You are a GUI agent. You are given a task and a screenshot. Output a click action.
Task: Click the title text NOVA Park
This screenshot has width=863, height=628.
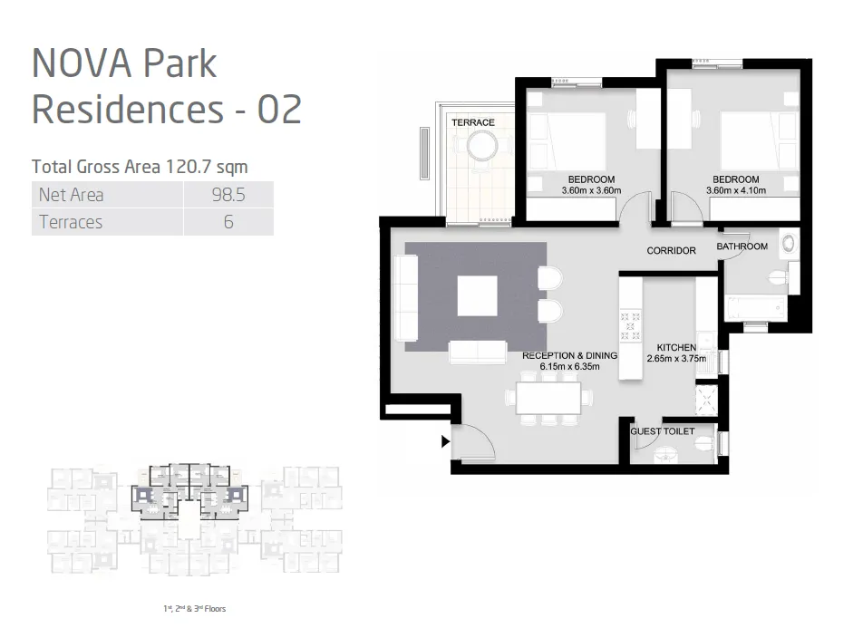pyautogui.click(x=124, y=64)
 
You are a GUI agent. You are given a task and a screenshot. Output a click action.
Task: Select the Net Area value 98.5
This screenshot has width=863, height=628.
pyautogui.click(x=228, y=195)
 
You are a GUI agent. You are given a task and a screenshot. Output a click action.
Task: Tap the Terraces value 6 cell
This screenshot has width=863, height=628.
pyautogui.click(x=228, y=222)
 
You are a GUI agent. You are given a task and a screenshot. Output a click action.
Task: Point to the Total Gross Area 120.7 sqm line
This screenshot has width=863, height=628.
pyautogui.click(x=140, y=167)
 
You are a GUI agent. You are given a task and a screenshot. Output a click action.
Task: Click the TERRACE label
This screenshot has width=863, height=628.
pyautogui.click(x=473, y=122)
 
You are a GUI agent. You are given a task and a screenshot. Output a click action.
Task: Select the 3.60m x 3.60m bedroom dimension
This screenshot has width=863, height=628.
pyautogui.click(x=591, y=191)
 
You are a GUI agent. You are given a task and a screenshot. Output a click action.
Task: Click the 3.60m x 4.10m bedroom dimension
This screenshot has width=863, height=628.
pyautogui.click(x=736, y=191)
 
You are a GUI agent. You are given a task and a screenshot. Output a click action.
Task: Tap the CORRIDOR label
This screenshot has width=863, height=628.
pyautogui.click(x=671, y=250)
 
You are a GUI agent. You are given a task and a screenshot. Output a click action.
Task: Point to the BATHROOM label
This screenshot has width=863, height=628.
pyautogui.click(x=742, y=246)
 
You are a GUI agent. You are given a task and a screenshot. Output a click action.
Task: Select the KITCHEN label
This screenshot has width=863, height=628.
pyautogui.click(x=676, y=347)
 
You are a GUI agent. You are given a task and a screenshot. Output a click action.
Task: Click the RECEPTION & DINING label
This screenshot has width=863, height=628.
pyautogui.click(x=569, y=355)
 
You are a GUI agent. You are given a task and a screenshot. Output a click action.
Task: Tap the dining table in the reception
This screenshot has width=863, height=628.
pyautogui.click(x=549, y=397)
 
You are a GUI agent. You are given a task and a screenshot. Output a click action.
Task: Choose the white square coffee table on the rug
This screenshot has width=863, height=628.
pyautogui.click(x=478, y=295)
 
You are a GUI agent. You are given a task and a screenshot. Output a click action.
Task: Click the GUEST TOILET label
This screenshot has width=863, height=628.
pyautogui.click(x=663, y=431)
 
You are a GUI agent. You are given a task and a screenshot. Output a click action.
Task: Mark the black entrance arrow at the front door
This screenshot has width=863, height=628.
pyautogui.click(x=444, y=442)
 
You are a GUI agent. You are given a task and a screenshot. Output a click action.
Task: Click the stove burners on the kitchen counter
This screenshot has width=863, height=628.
pyautogui.click(x=629, y=327)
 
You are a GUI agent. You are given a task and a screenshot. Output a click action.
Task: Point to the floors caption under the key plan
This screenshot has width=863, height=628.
pyautogui.click(x=189, y=609)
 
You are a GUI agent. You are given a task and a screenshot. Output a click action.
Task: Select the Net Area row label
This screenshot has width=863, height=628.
pyautogui.click(x=72, y=195)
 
